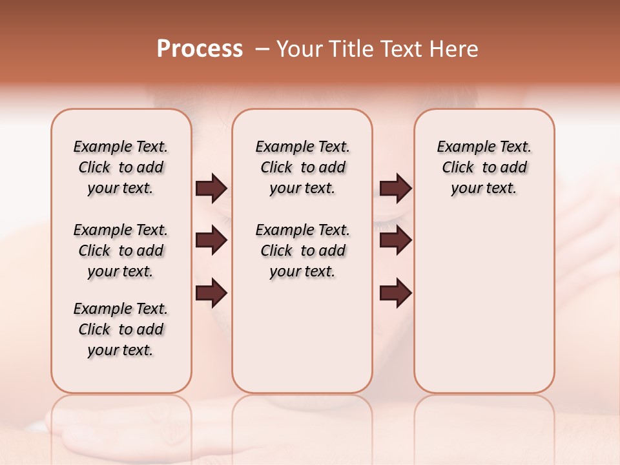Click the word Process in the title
tap(200, 49)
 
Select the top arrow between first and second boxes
tap(211, 188)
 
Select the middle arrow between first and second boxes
tap(211, 240)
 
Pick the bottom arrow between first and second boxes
tap(211, 293)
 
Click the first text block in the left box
tap(121, 167)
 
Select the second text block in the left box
tap(121, 251)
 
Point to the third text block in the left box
tap(121, 329)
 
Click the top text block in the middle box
tap(302, 167)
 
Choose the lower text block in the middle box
tap(302, 251)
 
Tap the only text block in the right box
tap(484, 167)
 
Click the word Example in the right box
tap(459, 147)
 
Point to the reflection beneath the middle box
tap(302, 420)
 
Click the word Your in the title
tap(298, 49)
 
